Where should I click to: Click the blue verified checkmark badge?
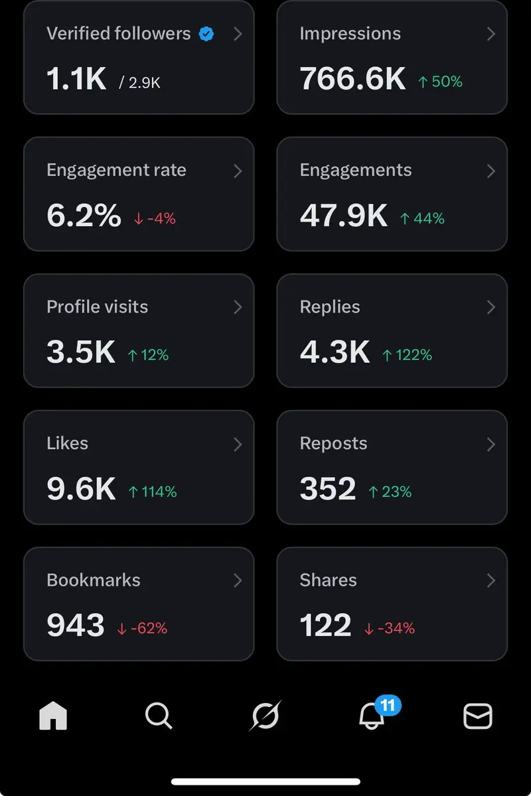pyautogui.click(x=206, y=34)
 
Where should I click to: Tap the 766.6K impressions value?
pyautogui.click(x=352, y=79)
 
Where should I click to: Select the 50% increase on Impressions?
pyautogui.click(x=440, y=82)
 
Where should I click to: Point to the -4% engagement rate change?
pyautogui.click(x=155, y=219)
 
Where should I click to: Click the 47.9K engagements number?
pyautogui.click(x=344, y=216)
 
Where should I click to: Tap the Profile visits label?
pyautogui.click(x=97, y=307)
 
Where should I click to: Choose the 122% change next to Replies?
pyautogui.click(x=407, y=356)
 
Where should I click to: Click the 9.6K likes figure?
pyautogui.click(x=81, y=489)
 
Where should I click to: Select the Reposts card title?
pyautogui.click(x=333, y=444)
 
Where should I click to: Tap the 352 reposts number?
pyautogui.click(x=328, y=489)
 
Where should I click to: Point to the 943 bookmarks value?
pyautogui.click(x=76, y=626)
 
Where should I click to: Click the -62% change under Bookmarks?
pyautogui.click(x=142, y=629)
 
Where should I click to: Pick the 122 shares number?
pyautogui.click(x=325, y=626)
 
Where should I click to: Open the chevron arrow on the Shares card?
pyautogui.click(x=491, y=580)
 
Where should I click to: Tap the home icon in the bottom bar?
pyautogui.click(x=53, y=716)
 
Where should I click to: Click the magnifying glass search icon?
pyautogui.click(x=159, y=716)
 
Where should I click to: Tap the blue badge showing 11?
pyautogui.click(x=388, y=704)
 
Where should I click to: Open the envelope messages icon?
pyautogui.click(x=477, y=716)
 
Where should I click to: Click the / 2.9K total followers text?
pyautogui.click(x=140, y=83)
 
